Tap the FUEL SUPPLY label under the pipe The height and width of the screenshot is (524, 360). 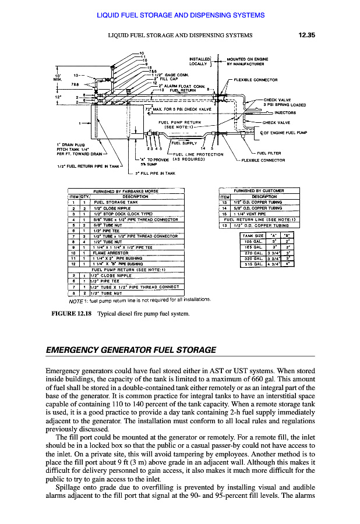183,141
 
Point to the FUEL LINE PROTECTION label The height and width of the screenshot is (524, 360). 199,154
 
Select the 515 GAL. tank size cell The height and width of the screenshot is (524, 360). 252,264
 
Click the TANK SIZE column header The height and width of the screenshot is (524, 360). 252,235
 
